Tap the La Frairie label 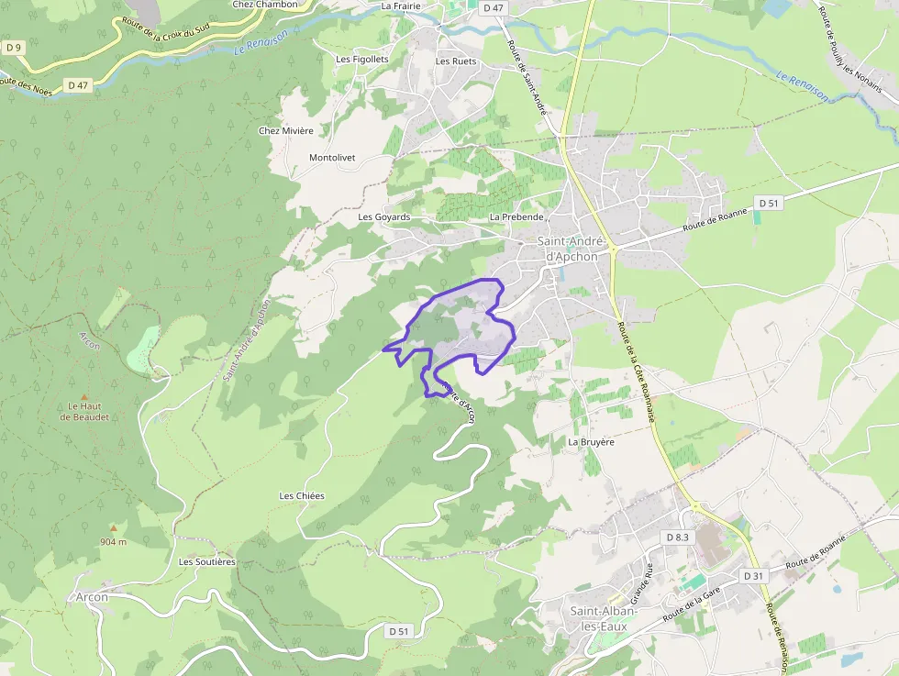coord(400,6)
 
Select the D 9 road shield coord(13,47)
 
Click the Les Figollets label coord(362,60)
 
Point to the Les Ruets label coord(456,61)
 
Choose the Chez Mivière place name coord(286,130)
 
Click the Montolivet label coord(332,158)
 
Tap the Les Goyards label coord(383,217)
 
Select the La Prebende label coord(517,217)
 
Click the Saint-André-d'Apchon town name coord(572,249)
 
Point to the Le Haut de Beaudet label coord(84,411)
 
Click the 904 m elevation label coord(114,542)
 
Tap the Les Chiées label coord(302,495)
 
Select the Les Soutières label coord(207,561)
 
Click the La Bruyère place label coord(591,441)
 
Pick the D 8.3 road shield coord(677,537)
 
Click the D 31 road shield coord(752,575)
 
